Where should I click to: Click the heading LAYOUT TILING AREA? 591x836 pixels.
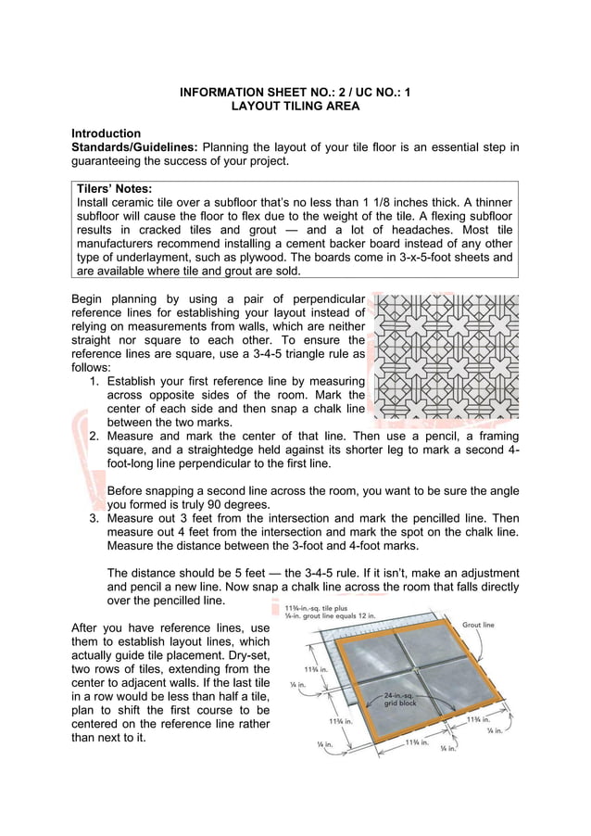[x=295, y=107]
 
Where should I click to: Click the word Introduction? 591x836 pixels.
[x=107, y=133]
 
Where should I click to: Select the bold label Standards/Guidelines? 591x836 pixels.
[x=134, y=147]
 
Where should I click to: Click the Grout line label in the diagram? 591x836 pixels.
[x=477, y=626]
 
